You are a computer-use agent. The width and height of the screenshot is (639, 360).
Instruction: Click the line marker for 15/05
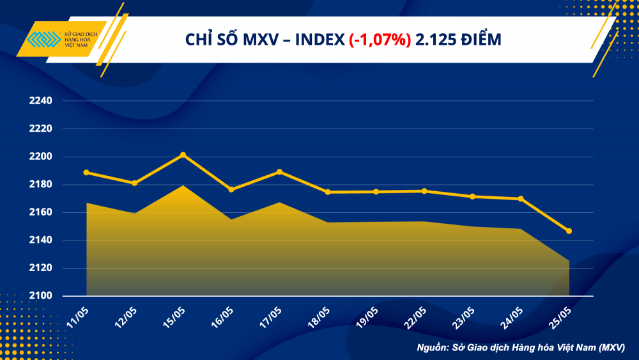(183, 155)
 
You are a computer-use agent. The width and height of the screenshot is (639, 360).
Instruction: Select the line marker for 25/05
(569, 231)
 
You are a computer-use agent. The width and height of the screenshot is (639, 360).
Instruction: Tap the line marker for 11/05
(86, 172)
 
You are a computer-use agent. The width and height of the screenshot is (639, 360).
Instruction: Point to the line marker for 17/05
(279, 171)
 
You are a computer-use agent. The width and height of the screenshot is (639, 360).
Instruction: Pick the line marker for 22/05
(424, 191)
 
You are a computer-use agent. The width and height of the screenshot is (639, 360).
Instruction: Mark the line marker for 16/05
(231, 189)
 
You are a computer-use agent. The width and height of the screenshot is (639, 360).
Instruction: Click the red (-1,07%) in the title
(380, 40)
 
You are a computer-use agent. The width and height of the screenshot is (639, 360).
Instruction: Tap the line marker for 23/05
(472, 196)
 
